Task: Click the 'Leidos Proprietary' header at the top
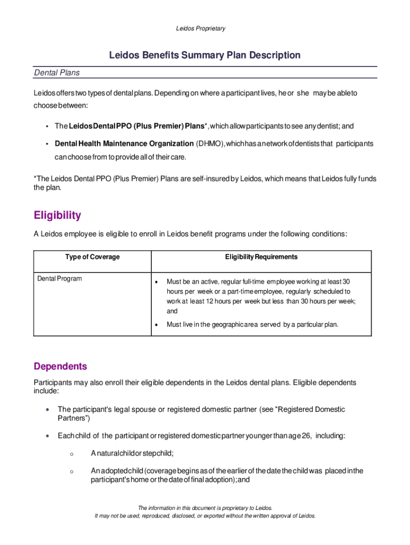point(201,28)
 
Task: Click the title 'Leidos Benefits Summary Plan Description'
point(205,55)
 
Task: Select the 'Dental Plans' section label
point(57,72)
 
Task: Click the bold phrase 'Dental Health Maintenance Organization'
point(124,144)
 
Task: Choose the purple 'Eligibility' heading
point(58,216)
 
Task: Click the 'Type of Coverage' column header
point(93,257)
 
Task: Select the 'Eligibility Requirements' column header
point(261,257)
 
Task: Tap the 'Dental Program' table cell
point(60,278)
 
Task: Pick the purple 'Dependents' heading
point(60,367)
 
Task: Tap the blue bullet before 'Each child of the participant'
point(48,436)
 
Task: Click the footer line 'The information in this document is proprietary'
point(205,508)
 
